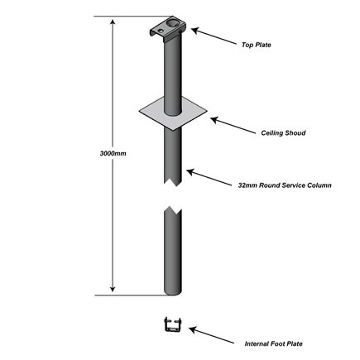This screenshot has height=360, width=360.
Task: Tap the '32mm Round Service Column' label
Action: pyautogui.click(x=285, y=185)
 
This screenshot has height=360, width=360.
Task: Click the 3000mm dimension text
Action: pyautogui.click(x=100, y=153)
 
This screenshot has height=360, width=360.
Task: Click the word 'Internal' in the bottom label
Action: pyautogui.click(x=257, y=342)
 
